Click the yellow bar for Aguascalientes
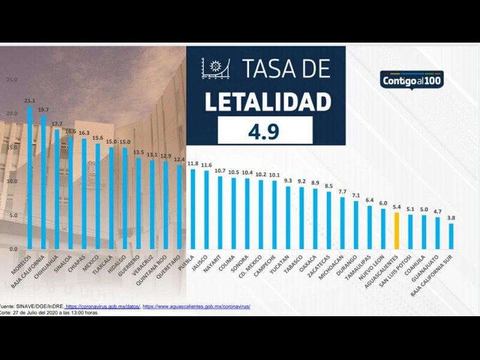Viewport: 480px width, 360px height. [x=397, y=230]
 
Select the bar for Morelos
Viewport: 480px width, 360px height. [x=30, y=177]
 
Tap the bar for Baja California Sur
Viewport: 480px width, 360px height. [x=451, y=236]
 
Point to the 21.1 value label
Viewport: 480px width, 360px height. [x=29, y=101]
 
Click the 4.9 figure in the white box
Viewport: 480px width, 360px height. [x=265, y=131]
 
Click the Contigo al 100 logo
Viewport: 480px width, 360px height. [x=412, y=79]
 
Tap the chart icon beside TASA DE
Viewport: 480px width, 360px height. [x=217, y=68]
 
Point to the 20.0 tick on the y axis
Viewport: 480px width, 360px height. [x=11, y=113]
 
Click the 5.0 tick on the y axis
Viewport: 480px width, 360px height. [x=13, y=215]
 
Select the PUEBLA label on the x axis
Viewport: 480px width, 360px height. [x=188, y=261]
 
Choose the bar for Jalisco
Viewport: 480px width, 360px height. [x=206, y=209]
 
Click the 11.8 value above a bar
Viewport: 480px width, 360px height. [x=193, y=163]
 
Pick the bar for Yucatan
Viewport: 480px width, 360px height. [x=288, y=217]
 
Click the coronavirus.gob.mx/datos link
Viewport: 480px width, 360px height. [x=103, y=306]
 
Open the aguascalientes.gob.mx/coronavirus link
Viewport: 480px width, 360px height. [x=196, y=306]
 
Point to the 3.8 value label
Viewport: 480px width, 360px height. [x=451, y=218]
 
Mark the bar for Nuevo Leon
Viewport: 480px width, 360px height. [x=383, y=228]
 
